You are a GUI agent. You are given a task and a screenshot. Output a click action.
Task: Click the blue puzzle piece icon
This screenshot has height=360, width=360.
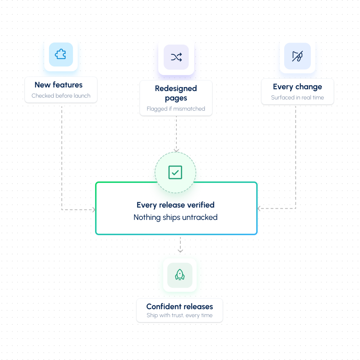pyautogui.click(x=60, y=54)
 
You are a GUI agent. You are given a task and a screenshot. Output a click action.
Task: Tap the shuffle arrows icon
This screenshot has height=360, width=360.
pyautogui.click(x=176, y=57)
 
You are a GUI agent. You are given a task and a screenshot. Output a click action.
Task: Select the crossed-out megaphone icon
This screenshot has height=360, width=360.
pyautogui.click(x=298, y=56)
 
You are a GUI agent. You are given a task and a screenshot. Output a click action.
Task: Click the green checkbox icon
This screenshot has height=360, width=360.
pyautogui.click(x=175, y=172)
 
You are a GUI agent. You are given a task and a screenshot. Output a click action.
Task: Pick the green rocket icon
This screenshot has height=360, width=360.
pyautogui.click(x=180, y=275)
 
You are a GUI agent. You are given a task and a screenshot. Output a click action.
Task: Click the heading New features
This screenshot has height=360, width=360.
pyautogui.click(x=58, y=85)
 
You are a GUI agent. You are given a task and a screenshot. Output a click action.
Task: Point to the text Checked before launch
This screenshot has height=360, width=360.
pyautogui.click(x=61, y=95)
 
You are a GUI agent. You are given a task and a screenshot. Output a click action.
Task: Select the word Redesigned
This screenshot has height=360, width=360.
pyautogui.click(x=176, y=89)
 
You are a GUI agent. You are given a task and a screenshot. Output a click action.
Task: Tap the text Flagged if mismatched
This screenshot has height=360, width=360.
pyautogui.click(x=176, y=109)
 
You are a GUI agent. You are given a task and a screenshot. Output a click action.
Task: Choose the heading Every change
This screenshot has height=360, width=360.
pyautogui.click(x=298, y=87)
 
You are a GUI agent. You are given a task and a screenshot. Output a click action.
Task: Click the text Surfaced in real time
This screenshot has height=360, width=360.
pyautogui.click(x=298, y=97)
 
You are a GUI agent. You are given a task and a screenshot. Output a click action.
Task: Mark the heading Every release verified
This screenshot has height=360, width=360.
pyautogui.click(x=176, y=205)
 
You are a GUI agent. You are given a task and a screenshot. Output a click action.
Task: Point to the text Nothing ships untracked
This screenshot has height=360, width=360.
pyautogui.click(x=176, y=217)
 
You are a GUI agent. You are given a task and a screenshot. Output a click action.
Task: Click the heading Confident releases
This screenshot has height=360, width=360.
pyautogui.click(x=180, y=307)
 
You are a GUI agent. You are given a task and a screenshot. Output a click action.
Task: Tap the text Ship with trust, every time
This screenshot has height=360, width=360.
pyautogui.click(x=180, y=315)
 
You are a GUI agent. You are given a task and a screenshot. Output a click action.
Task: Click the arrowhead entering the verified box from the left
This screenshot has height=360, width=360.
pyautogui.click(x=94, y=210)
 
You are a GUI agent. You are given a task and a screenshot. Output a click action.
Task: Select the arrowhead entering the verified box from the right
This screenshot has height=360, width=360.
pyautogui.click(x=259, y=208)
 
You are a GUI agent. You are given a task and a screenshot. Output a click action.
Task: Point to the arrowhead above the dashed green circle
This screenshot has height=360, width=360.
pyautogui.click(x=176, y=150)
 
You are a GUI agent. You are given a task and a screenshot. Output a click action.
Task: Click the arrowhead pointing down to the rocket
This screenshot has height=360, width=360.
pyautogui.click(x=180, y=251)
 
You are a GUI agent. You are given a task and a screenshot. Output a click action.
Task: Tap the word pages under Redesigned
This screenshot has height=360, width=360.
pyautogui.click(x=176, y=98)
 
